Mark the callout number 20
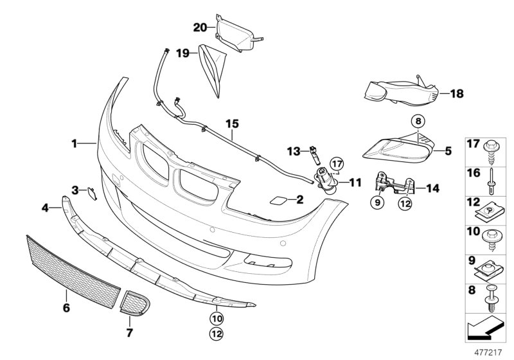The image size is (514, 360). pos(200,27)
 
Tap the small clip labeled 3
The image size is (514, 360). pos(91,190)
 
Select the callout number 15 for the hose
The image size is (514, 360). pos(231,122)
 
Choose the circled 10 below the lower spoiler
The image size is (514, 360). pos(217,317)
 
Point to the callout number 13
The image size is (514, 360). pos(293,151)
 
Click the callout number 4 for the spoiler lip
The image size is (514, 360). pos(46,207)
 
